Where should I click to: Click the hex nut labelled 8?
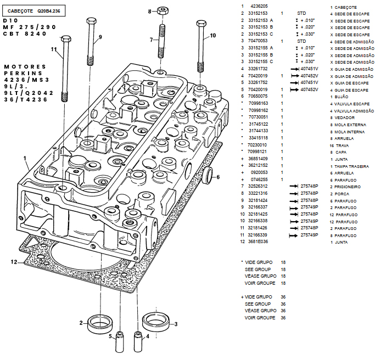pos(163,11)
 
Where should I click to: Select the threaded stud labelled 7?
pos(161,41)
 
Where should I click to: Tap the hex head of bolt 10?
pos(201,24)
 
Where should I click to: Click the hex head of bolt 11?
pos(66,39)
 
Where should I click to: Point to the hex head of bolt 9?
pos(91,21)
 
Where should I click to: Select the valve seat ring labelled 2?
pos(100,324)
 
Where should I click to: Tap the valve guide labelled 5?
pos(119,342)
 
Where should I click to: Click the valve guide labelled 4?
pos(138,341)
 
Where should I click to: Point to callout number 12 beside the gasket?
pos(14,262)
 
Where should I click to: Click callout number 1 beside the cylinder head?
pos(25,158)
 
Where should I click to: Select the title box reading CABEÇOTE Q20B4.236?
pos(33,11)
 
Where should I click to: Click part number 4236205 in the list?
pos(259,6)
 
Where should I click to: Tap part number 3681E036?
pos(258,241)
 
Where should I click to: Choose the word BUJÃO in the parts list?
pos(341,97)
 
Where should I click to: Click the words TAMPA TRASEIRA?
pos(351,166)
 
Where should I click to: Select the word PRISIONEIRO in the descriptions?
pos(348,187)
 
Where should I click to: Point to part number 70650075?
pos(258,96)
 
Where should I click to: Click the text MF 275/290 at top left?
pos(29,27)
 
